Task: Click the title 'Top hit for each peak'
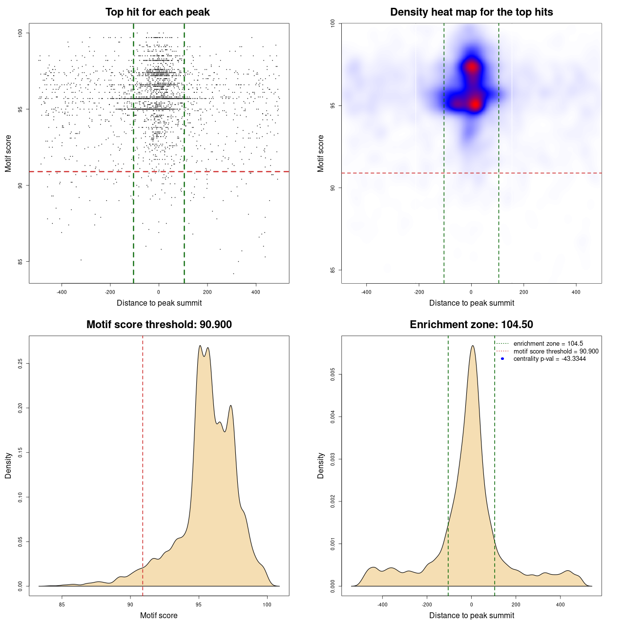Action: (157, 12)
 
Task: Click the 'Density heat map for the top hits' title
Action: (471, 12)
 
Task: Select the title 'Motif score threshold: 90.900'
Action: (159, 325)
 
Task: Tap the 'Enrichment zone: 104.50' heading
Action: (471, 325)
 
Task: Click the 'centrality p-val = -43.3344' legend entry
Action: (549, 359)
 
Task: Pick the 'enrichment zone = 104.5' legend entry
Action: (548, 344)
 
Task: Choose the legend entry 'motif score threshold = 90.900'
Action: (556, 352)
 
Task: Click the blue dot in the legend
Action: (502, 359)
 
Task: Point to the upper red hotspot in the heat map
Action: (472, 67)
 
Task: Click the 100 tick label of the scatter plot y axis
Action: (21, 33)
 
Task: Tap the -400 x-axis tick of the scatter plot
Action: (62, 292)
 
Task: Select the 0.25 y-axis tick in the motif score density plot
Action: (21, 364)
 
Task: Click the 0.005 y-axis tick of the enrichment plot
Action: (333, 375)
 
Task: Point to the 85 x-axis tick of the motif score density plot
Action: (62, 604)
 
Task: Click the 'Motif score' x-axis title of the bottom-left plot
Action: (159, 615)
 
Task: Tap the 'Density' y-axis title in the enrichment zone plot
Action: (321, 465)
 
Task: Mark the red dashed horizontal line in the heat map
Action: (391, 173)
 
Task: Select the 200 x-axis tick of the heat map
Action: (524, 292)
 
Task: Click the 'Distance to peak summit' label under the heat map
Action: (471, 303)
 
